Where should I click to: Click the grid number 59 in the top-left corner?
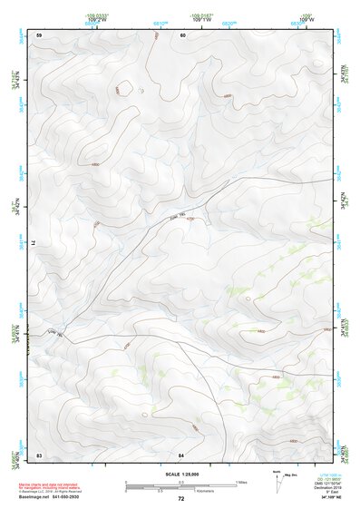tap(39, 35)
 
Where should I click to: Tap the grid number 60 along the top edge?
tap(182, 35)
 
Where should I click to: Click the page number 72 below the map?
tap(181, 499)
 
